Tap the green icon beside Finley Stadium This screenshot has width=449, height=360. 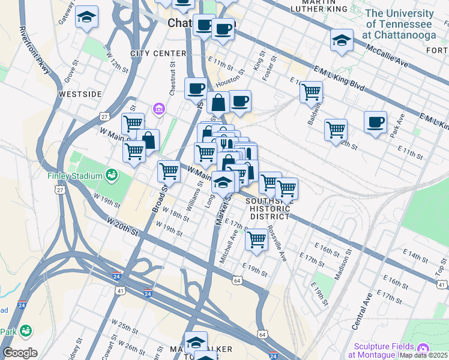pyautogui.click(x=110, y=175)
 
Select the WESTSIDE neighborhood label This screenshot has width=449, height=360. pyautogui.click(x=80, y=94)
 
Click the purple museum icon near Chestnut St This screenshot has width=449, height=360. pyautogui.click(x=160, y=109)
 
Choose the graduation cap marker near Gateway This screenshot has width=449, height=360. pyautogui.click(x=87, y=17)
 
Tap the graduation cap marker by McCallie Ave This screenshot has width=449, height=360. pyautogui.click(x=342, y=41)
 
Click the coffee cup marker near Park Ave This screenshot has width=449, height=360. pyautogui.click(x=375, y=122)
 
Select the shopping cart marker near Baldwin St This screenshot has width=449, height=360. pyautogui.click(x=311, y=92)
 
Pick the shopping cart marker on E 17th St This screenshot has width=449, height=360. pyautogui.click(x=256, y=239)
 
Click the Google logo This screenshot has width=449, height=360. pyautogui.click(x=20, y=353)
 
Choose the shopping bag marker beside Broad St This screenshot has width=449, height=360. pyautogui.click(x=148, y=140)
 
